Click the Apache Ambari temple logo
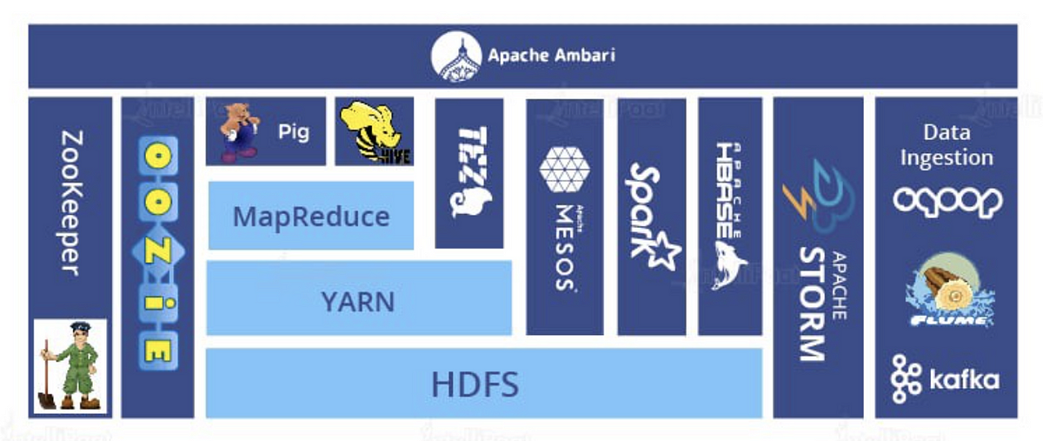click(x=455, y=56)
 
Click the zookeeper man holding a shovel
click(x=70, y=365)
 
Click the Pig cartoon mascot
click(x=237, y=131)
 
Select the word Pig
click(x=294, y=133)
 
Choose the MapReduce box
click(x=310, y=215)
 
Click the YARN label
click(x=357, y=301)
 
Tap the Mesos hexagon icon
click(x=564, y=169)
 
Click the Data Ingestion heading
click(x=947, y=145)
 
